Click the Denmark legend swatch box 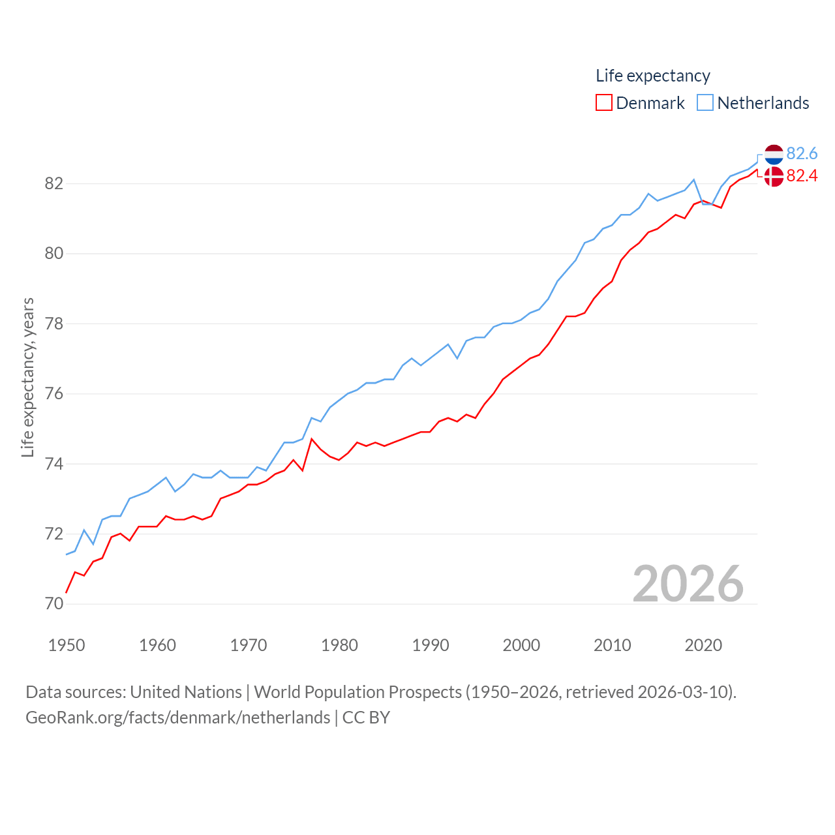pos(604,103)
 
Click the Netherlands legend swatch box pos(705,103)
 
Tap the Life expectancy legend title pos(652,76)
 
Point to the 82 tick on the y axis pos(54,183)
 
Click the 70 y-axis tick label pos(54,604)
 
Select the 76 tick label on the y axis pos(54,394)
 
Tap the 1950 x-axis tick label pos(67,645)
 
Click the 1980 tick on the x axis pos(339,645)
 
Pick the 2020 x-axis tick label pos(703,645)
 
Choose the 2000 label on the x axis pos(521,645)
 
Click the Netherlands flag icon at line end pos(774,155)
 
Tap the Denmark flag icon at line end pos(774,176)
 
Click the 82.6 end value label pos(802,153)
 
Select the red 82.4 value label pos(802,175)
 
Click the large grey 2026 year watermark pos(688,583)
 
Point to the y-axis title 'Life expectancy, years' pos(28,377)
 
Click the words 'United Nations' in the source pos(186,691)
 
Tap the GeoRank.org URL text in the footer pos(177,718)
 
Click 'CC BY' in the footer pos(366,718)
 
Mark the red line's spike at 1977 pos(312,439)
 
